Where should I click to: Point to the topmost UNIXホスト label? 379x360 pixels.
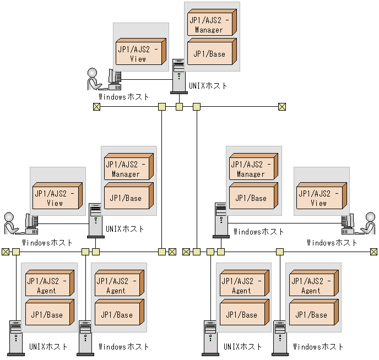(x=208, y=86)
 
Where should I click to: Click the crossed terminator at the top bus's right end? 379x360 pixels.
(x=282, y=107)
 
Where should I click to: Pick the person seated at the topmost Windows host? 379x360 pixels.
(x=94, y=79)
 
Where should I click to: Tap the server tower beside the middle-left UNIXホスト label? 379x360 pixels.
(x=95, y=220)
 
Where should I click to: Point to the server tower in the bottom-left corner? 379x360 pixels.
(x=15, y=336)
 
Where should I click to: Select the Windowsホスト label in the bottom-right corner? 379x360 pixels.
(x=318, y=347)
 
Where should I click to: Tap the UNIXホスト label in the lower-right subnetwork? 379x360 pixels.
(x=243, y=347)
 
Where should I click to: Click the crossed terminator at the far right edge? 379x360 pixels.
(x=373, y=252)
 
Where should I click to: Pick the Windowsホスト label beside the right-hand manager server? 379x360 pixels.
(x=258, y=232)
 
